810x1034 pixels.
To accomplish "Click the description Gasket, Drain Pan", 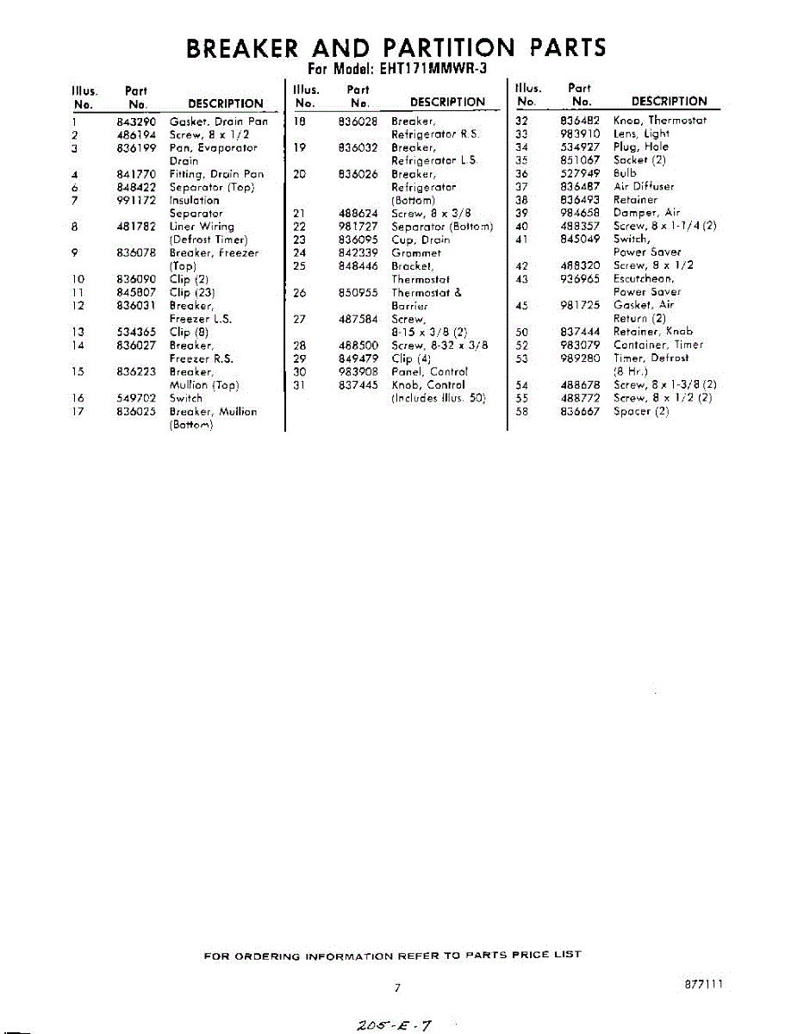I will click(219, 121).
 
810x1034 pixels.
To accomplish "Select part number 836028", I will click(358, 121).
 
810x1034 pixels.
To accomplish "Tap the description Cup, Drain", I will click(421, 240).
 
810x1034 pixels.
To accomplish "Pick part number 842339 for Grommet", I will click(358, 252).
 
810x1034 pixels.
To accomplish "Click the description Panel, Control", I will click(429, 371).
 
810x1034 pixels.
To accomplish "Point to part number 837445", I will click(358, 384).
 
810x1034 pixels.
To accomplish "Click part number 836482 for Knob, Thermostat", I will click(580, 121).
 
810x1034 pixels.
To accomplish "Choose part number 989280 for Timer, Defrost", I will click(580, 358).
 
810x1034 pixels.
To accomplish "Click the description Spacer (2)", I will click(641, 411).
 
